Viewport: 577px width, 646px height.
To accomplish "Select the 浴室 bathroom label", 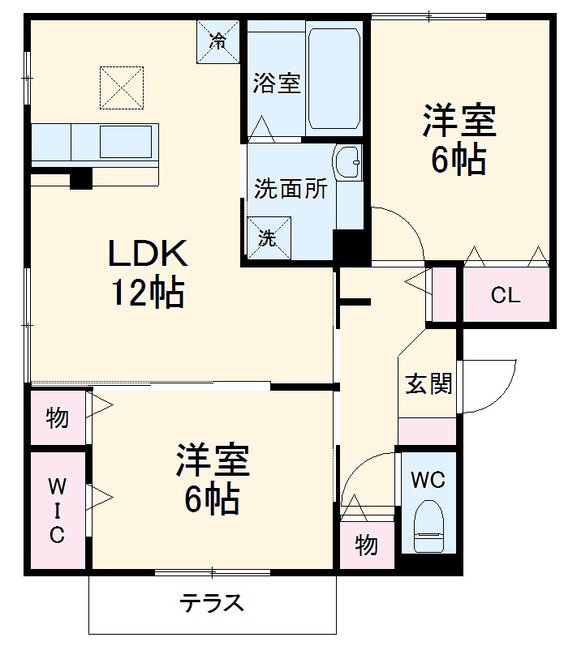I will pyautogui.click(x=276, y=83).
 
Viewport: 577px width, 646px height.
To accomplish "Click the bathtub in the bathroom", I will pyautogui.click(x=334, y=79).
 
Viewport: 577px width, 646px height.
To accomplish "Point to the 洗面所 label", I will pyautogui.click(x=291, y=189).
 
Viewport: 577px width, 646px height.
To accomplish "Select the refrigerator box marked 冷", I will pyautogui.click(x=218, y=41).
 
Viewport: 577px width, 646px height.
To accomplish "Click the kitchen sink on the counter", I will pyautogui.click(x=125, y=142).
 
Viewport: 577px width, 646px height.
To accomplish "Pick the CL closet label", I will pyautogui.click(x=505, y=296).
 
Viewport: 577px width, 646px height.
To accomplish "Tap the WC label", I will pyautogui.click(x=427, y=480).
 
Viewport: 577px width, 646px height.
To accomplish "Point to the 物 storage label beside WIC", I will pyautogui.click(x=57, y=418).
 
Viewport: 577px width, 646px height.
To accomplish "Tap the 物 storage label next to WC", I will pyautogui.click(x=366, y=545).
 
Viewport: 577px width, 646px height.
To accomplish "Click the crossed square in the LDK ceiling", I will pyautogui.click(x=121, y=88).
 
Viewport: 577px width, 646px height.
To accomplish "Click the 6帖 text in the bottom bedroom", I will pyautogui.click(x=212, y=498).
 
